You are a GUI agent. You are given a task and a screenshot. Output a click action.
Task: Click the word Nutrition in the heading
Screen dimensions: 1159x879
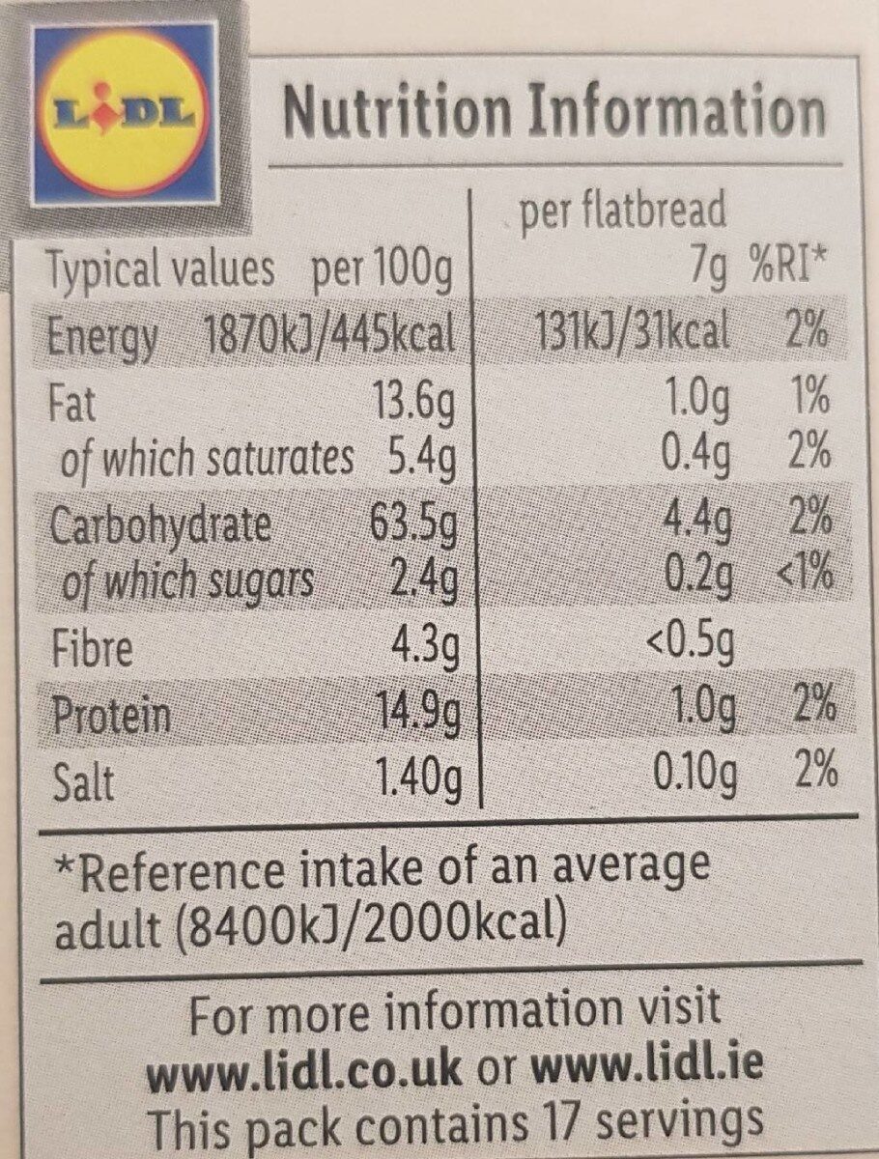point(396,112)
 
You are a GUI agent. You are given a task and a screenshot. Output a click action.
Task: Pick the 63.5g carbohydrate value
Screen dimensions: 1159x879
point(413,527)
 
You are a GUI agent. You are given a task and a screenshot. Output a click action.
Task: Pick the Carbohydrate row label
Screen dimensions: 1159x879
point(159,527)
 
